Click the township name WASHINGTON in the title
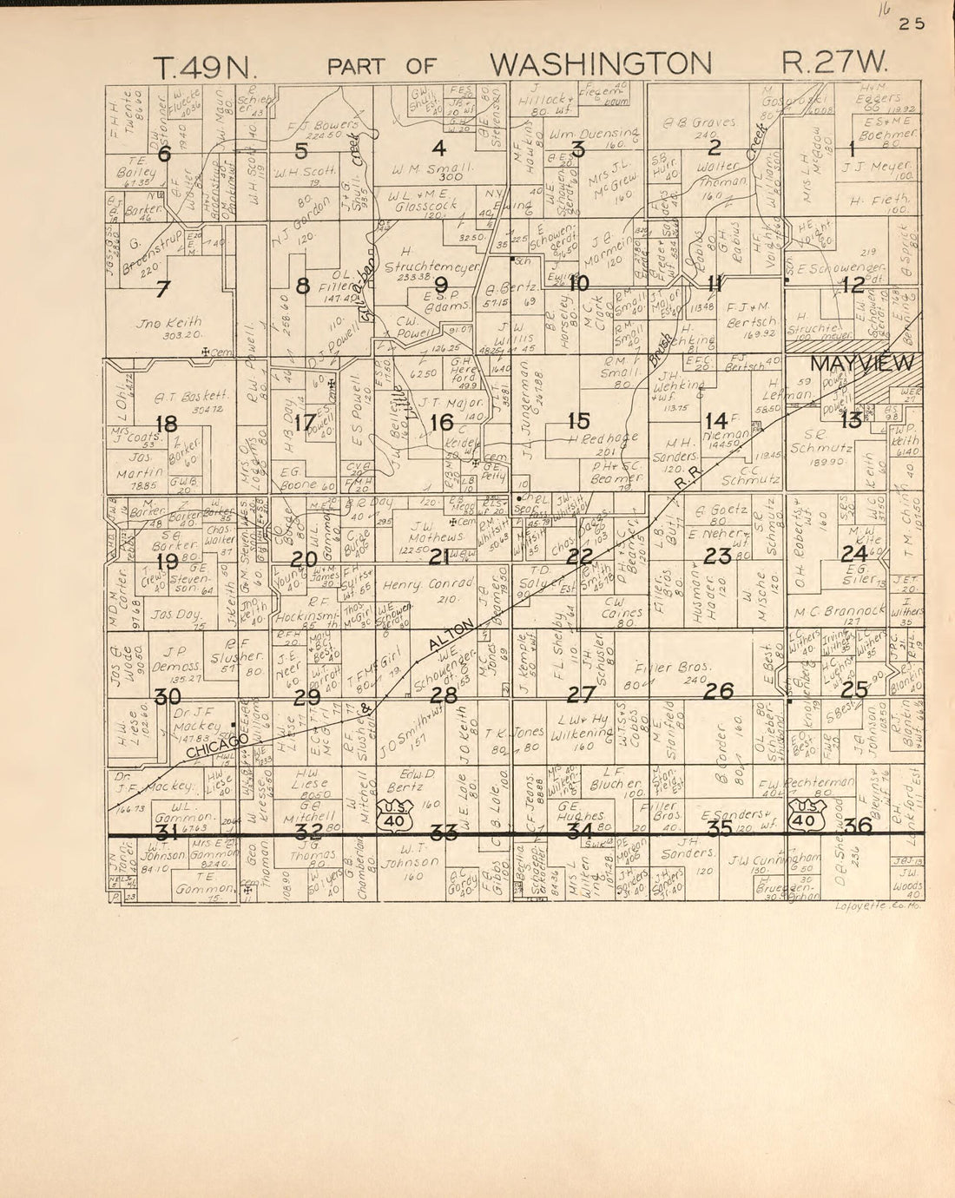coord(600,63)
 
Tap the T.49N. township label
coord(201,67)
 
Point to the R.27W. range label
coord(835,63)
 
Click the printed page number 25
coord(912,24)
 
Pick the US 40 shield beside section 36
coord(805,817)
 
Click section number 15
coord(578,421)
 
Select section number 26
coord(719,690)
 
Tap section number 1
coord(851,148)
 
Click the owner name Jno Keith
coord(168,322)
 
